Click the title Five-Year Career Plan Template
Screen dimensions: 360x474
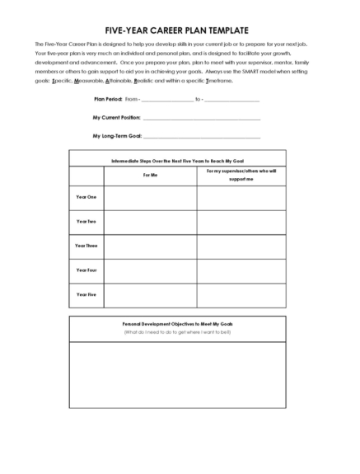[x=180, y=30]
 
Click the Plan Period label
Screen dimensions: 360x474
[x=108, y=100]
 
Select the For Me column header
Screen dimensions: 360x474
[x=150, y=175]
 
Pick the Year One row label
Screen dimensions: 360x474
[x=86, y=197]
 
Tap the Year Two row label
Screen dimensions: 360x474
[x=86, y=222]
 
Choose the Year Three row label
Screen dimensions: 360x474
[x=86, y=246]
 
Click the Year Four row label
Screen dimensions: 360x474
[x=86, y=270]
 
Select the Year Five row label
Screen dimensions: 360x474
[x=86, y=294]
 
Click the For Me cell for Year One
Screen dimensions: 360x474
[x=150, y=198]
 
